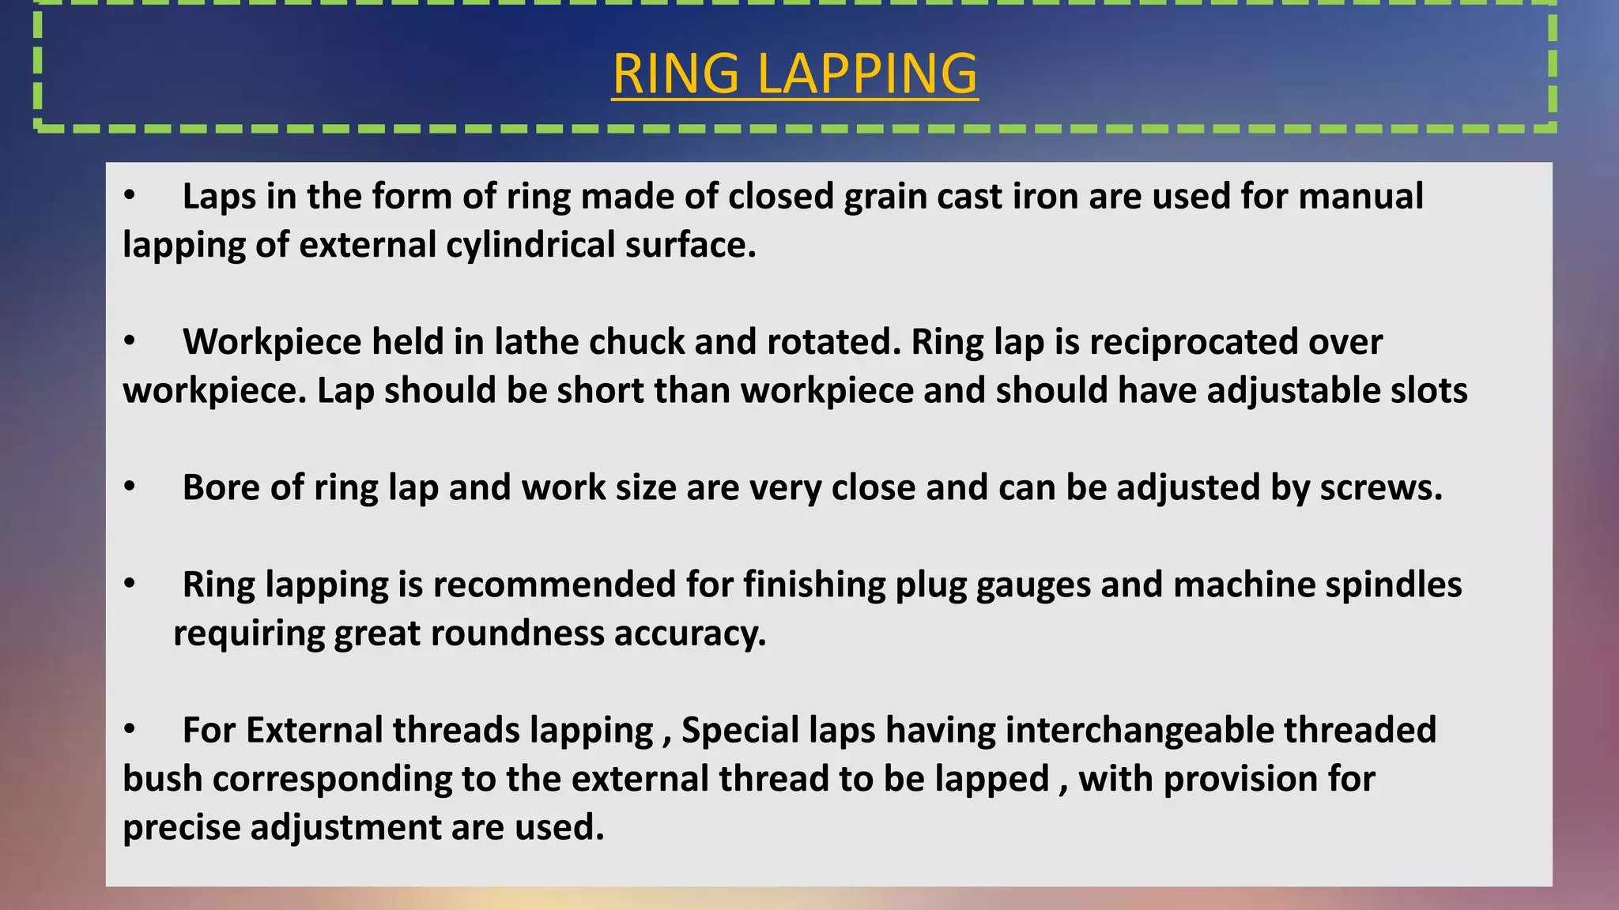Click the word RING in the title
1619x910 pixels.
(676, 73)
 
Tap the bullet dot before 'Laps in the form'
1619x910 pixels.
(130, 196)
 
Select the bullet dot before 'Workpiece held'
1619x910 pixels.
(130, 342)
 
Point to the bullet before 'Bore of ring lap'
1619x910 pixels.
(130, 487)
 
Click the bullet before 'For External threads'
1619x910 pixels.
(130, 730)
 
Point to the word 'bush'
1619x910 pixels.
(163, 779)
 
